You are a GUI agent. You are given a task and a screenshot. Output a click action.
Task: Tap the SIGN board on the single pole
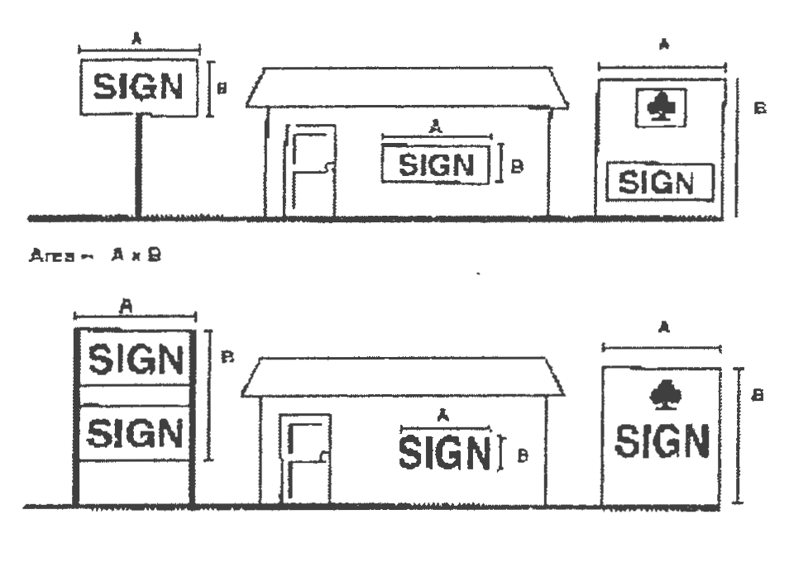click(x=139, y=87)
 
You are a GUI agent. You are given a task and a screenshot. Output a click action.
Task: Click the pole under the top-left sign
click(x=138, y=165)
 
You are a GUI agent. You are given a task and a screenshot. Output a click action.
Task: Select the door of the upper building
click(x=310, y=171)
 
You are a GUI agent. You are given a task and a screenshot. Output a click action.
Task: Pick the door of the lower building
click(x=305, y=459)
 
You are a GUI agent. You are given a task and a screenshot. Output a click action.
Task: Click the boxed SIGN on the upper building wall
click(x=436, y=164)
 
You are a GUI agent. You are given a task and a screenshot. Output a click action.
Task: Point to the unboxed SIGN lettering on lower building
click(x=445, y=452)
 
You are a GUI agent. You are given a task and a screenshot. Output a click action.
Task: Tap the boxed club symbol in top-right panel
click(x=660, y=107)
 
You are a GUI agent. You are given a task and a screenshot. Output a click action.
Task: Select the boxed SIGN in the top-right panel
click(x=660, y=182)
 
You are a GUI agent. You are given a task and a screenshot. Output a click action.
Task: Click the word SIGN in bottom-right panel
click(x=662, y=441)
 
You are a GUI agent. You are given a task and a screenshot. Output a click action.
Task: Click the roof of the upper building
click(x=407, y=88)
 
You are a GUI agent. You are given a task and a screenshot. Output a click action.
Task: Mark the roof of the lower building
click(x=403, y=377)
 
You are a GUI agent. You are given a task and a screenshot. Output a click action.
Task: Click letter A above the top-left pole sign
click(x=136, y=37)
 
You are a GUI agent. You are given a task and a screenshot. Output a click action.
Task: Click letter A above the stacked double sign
click(x=127, y=306)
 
